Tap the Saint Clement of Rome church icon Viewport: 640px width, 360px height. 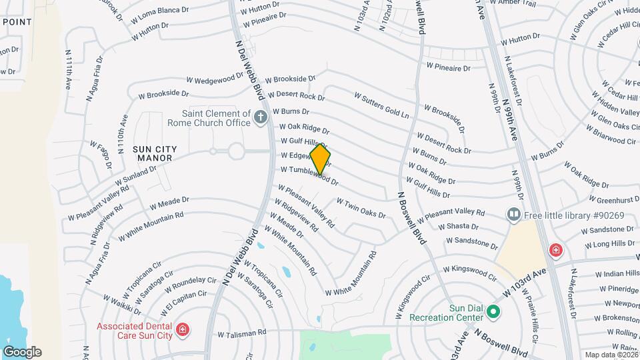[x=261, y=119]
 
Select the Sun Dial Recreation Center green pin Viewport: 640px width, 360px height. [x=493, y=311]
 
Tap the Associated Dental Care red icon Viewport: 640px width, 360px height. [x=181, y=330]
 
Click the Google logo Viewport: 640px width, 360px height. [x=22, y=352]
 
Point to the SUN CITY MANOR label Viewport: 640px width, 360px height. [x=143, y=153]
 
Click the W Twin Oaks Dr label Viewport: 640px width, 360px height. [x=361, y=207]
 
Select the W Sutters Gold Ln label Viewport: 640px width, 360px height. [x=381, y=105]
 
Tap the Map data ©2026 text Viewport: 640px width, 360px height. [x=611, y=355]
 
